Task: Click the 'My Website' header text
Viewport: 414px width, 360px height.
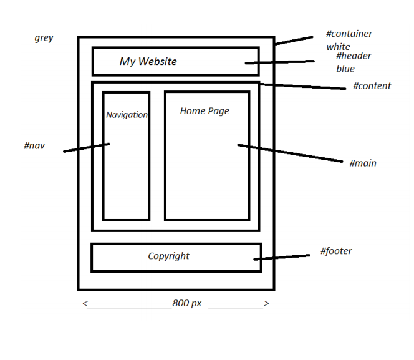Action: pos(148,61)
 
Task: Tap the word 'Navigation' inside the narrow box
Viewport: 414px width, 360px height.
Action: pos(127,115)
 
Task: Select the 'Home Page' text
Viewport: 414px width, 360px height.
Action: pos(205,111)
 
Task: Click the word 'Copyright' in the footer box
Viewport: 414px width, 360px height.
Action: pos(168,256)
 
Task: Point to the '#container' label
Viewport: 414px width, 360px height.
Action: pos(349,34)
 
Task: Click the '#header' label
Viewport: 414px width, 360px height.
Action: pos(353,56)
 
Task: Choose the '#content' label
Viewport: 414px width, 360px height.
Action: pos(372,86)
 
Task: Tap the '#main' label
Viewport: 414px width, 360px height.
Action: pos(362,163)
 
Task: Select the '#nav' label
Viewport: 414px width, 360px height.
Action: pos(34,145)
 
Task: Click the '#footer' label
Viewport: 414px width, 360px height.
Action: pos(336,251)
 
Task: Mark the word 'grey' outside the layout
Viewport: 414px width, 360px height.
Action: pos(44,38)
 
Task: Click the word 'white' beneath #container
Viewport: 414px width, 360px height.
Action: pos(338,46)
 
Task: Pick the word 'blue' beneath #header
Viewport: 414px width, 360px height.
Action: pos(345,69)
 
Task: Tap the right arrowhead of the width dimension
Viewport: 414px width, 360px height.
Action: pos(266,304)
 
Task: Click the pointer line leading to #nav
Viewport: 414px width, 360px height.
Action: pos(87,148)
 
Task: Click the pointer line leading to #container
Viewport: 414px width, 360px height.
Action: pos(294,41)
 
